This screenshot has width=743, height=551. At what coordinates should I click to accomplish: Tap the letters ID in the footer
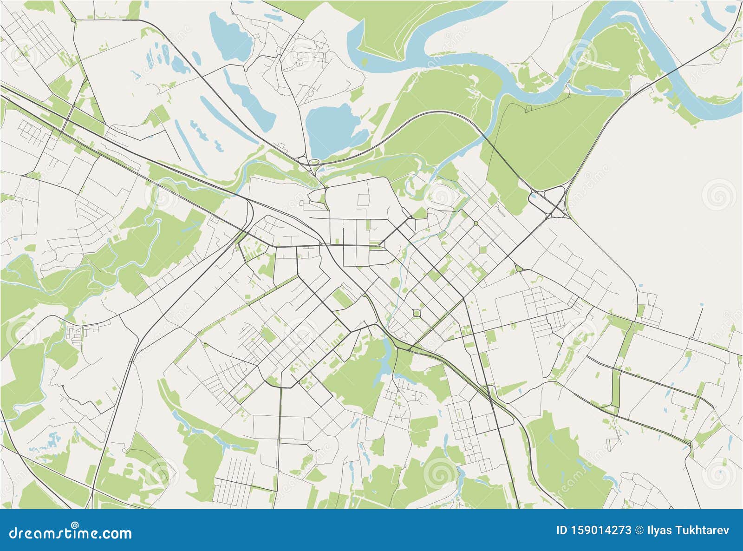[562, 530]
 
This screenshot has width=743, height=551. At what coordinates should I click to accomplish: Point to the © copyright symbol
[639, 530]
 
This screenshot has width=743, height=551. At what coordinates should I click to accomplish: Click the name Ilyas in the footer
[659, 530]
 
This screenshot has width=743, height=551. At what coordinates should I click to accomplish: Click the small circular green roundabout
[476, 223]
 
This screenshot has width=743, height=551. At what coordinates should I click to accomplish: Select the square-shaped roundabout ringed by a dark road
[417, 314]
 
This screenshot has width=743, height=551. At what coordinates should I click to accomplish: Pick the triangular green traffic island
[519, 269]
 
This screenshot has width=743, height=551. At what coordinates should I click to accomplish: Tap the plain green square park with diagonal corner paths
[483, 249]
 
